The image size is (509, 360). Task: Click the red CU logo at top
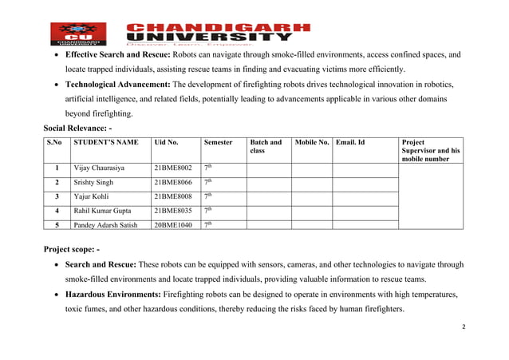[78, 34]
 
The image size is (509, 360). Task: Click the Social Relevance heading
[77, 128]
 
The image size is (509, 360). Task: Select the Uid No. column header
[166, 142]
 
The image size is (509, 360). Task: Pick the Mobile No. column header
[312, 142]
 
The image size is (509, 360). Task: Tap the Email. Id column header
[350, 142]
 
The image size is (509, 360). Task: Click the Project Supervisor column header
[431, 150]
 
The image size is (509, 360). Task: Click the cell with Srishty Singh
[93, 183]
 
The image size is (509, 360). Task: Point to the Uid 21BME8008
[173, 196]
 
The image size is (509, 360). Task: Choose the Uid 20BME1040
[173, 225]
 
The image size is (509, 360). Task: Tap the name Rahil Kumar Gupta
[104, 211]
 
